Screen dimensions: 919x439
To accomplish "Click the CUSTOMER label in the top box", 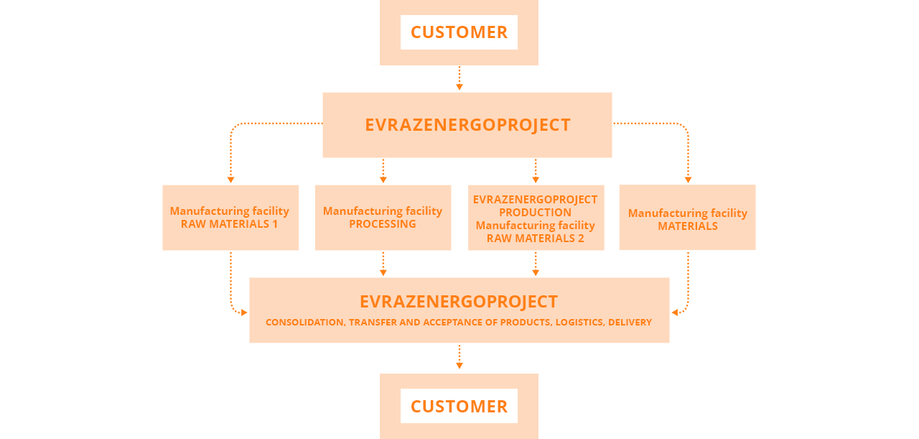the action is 459,32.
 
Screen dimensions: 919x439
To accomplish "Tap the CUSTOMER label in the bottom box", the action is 459,407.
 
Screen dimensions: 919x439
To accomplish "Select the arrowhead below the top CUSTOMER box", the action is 459,87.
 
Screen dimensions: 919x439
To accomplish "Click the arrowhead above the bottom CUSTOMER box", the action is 459,366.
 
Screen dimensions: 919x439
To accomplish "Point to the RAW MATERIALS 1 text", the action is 229,224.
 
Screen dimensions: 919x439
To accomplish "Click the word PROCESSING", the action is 383,224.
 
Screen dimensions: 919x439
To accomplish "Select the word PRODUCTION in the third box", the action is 535,213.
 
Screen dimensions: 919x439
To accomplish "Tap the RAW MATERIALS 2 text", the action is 535,239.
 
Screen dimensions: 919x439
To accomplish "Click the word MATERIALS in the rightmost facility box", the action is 688,226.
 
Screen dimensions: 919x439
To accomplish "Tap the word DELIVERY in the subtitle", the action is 630,323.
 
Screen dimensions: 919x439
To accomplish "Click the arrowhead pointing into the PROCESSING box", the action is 383,180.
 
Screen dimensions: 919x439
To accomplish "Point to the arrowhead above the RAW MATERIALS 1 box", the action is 230,180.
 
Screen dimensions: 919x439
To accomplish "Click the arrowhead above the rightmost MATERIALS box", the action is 688,180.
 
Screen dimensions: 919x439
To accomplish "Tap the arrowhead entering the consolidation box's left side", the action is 244,313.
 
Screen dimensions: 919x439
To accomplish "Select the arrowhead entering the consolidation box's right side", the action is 675,313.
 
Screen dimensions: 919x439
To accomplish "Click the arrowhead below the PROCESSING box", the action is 383,273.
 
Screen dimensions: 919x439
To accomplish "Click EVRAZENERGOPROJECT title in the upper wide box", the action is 467,125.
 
